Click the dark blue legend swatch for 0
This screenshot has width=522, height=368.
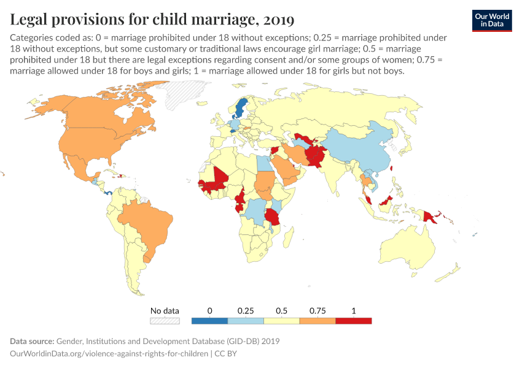209,320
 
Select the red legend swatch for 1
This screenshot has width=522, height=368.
353,320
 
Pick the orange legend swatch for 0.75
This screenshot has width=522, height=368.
317,320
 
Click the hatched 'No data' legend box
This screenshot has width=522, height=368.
165,320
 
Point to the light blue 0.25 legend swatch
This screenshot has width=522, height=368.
246,320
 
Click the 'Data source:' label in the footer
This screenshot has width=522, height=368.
32,341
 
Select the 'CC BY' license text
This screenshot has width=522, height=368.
225,354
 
